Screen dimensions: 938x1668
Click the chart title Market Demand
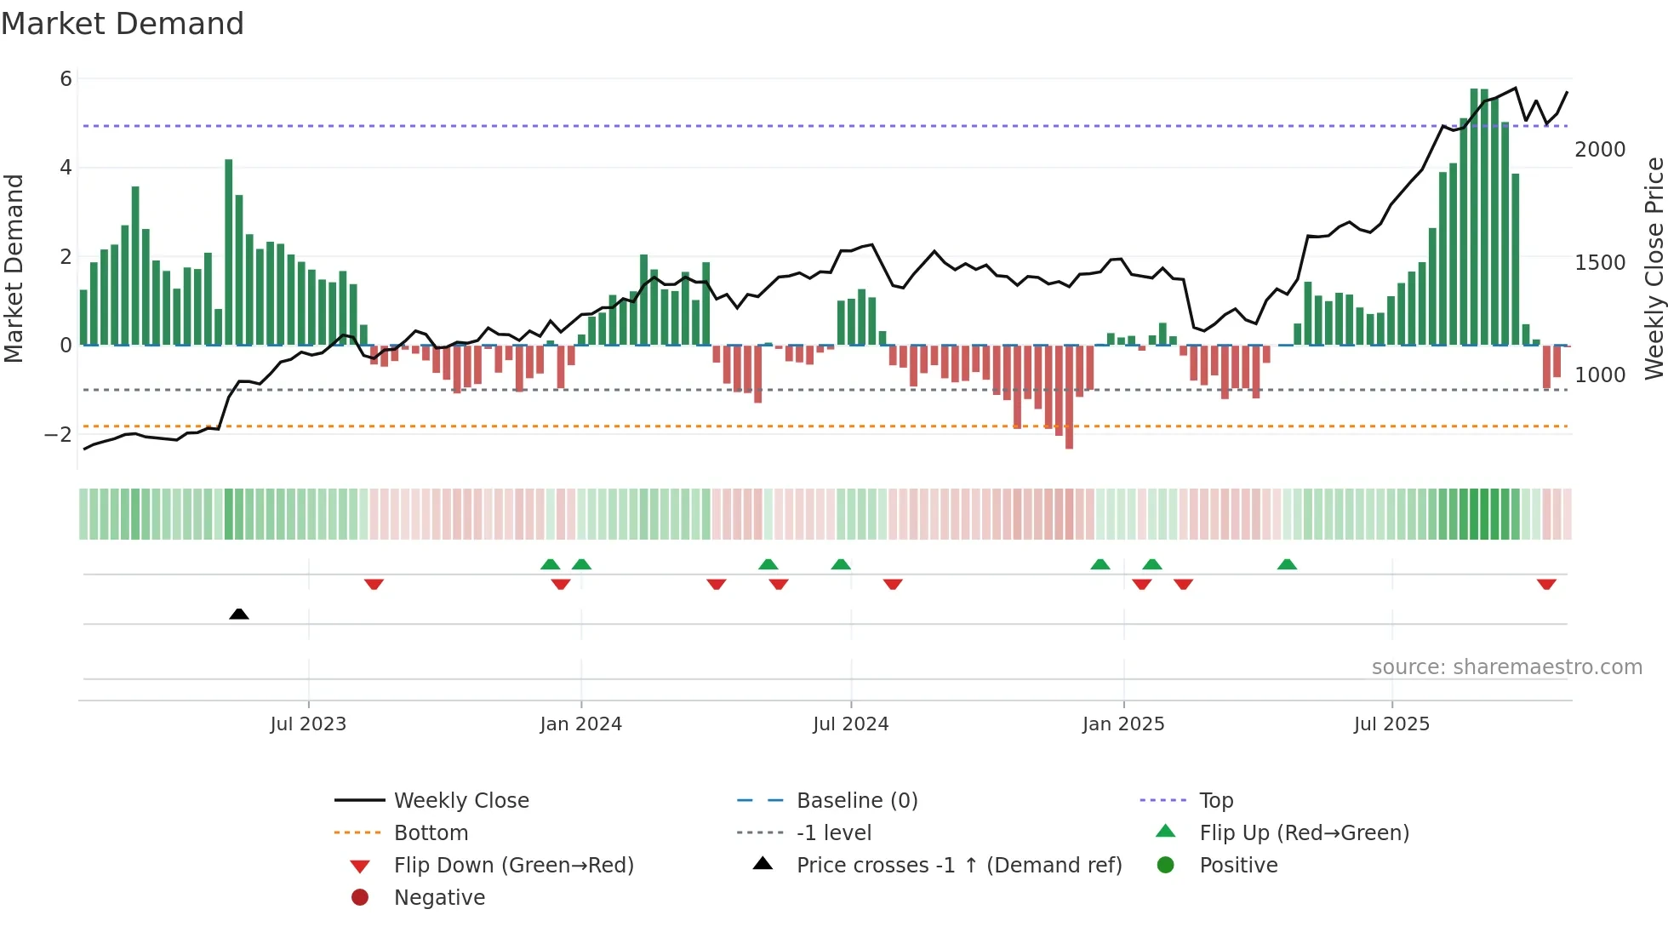click(x=123, y=24)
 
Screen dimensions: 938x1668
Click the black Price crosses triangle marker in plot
click(x=239, y=614)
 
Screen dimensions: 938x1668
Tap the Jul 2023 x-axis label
click(x=308, y=724)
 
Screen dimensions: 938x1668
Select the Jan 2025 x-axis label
click(x=1123, y=724)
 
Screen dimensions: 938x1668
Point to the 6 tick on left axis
click(x=66, y=79)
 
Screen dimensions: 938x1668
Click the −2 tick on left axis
click(x=59, y=435)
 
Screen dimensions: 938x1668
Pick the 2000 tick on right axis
click(x=1600, y=150)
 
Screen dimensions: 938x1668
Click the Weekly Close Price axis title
click(x=1654, y=268)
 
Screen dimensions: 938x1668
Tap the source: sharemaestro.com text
click(x=1506, y=667)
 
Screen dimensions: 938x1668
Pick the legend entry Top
click(x=1215, y=801)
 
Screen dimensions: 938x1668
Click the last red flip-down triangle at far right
click(x=1546, y=584)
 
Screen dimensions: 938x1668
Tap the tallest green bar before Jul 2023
click(x=229, y=252)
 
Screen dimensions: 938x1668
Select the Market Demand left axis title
click(x=14, y=268)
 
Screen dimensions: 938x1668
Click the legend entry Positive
click(x=1237, y=866)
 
